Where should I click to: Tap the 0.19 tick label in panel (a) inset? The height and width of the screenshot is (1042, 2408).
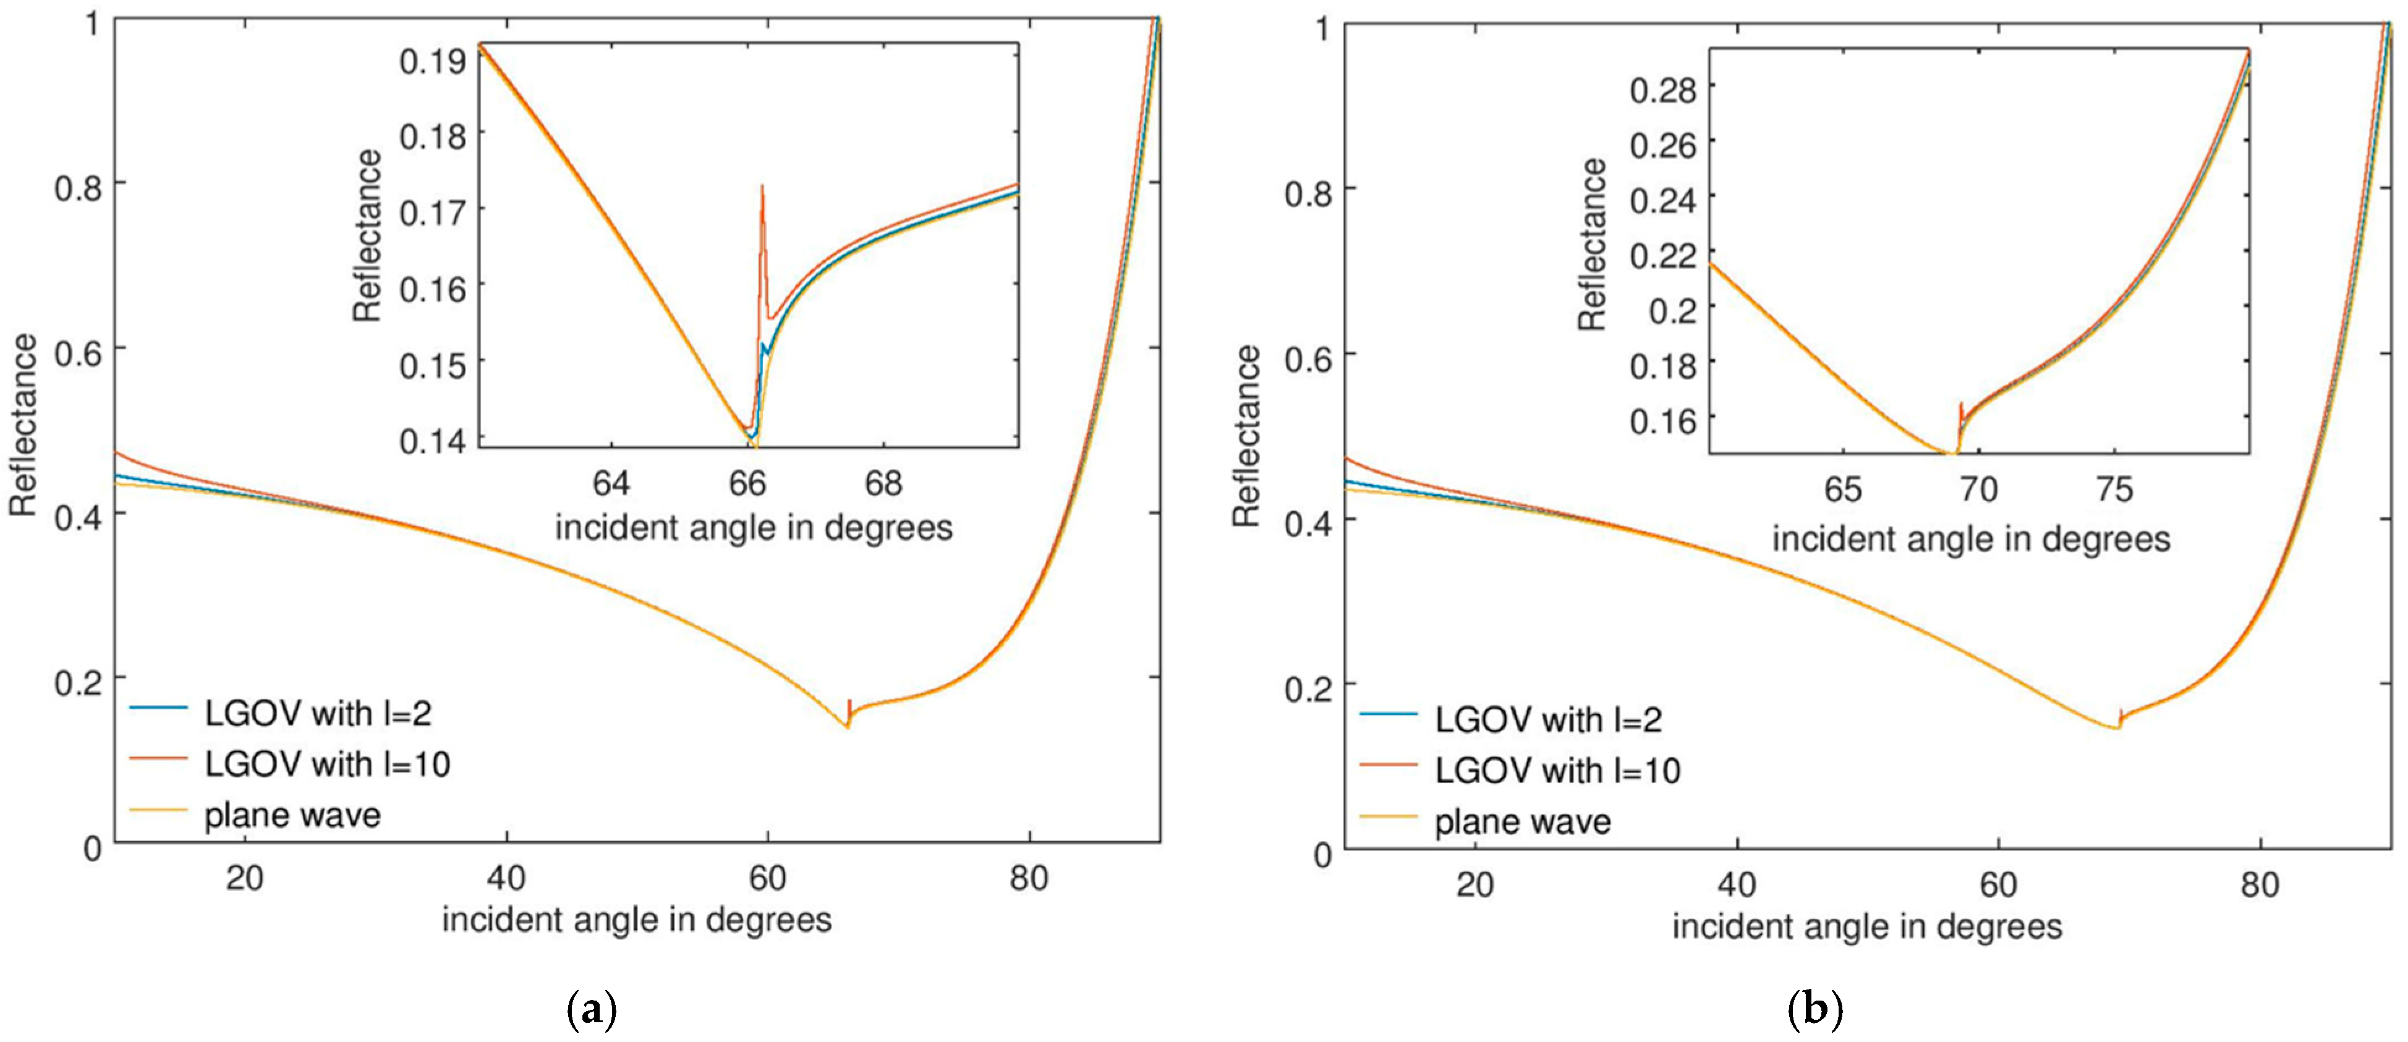pos(432,62)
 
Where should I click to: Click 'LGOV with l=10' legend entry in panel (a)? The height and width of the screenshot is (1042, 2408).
pos(327,765)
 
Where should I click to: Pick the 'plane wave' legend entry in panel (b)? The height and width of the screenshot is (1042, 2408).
pos(1523,823)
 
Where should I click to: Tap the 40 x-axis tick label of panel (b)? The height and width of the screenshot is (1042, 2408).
pos(1736,883)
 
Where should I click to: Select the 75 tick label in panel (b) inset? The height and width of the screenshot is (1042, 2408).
pos(2114,489)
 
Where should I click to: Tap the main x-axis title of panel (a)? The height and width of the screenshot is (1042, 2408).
pos(637,920)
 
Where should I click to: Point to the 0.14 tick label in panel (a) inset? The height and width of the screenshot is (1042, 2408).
pos(432,441)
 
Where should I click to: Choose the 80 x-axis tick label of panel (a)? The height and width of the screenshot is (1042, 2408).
pos(1029,878)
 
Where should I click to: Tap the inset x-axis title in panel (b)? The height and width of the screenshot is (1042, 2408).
pos(1972,539)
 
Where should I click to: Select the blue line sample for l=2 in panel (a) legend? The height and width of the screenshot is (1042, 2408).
pos(158,708)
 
